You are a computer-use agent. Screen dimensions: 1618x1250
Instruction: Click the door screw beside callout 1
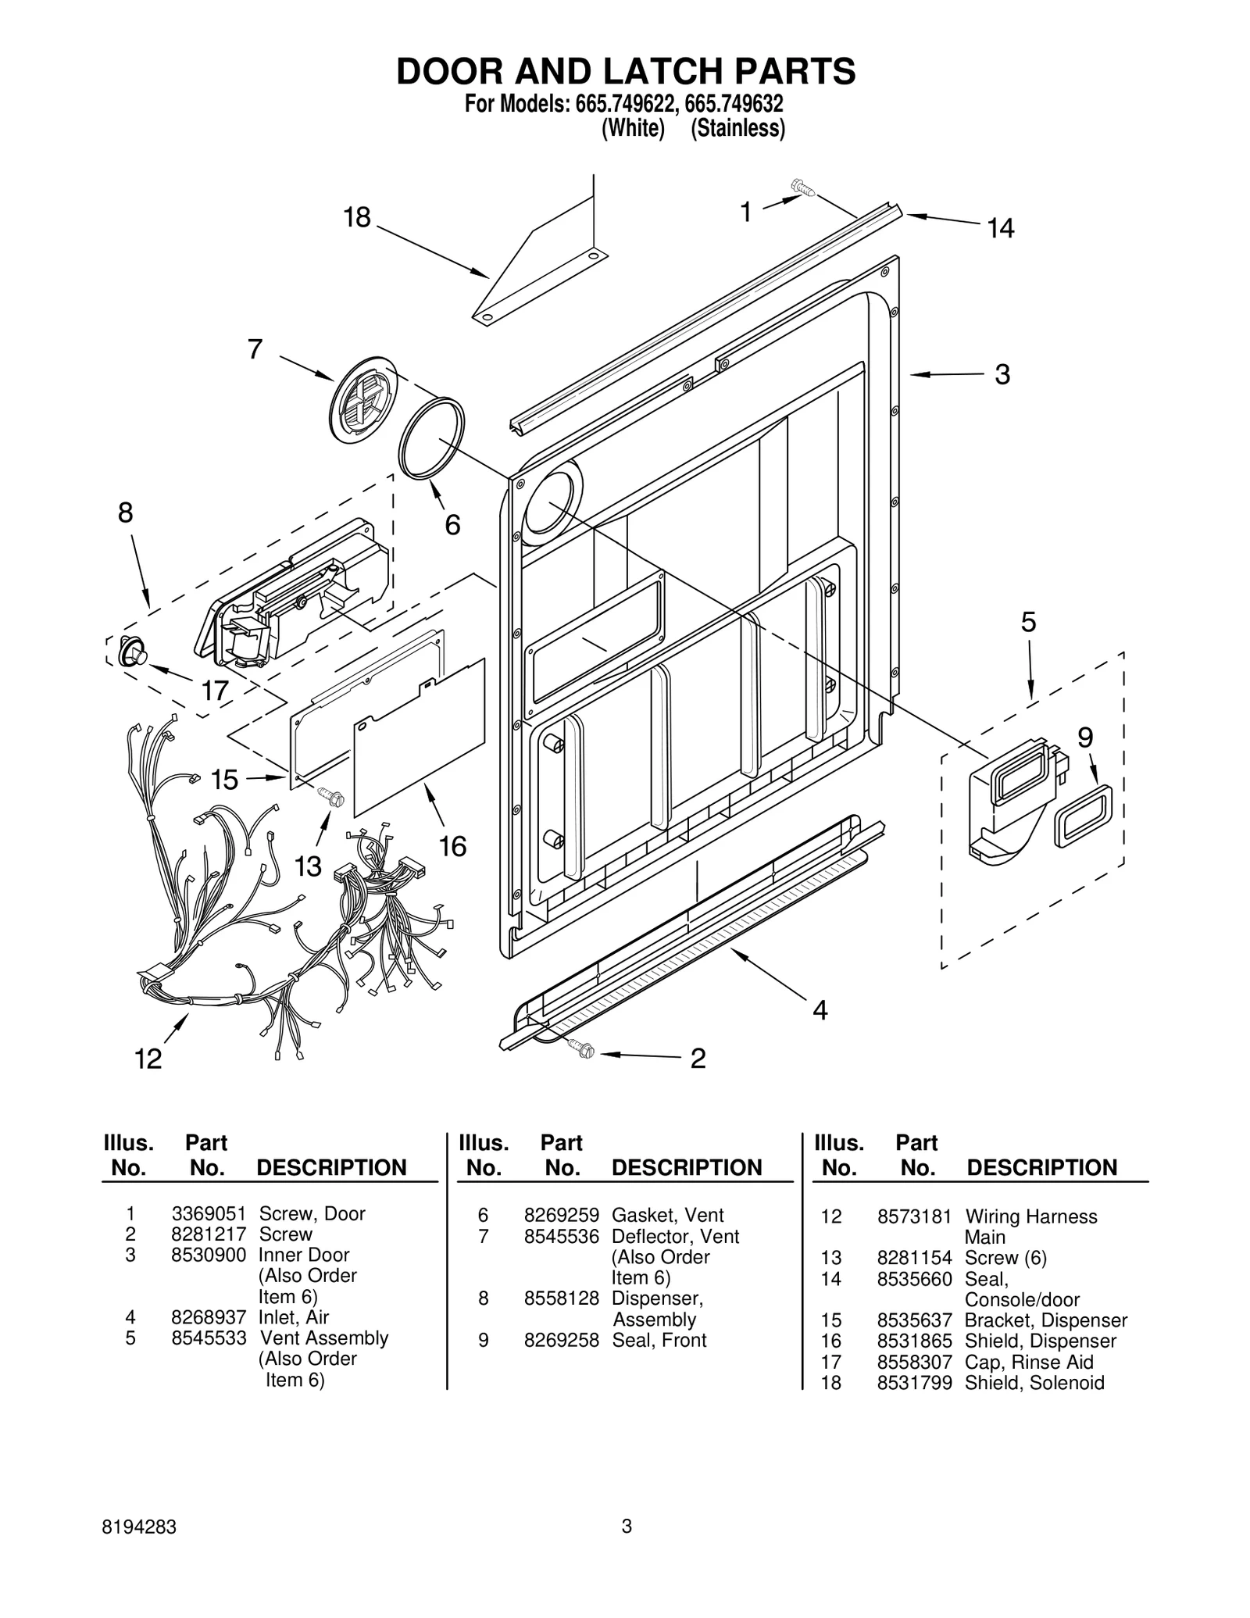click(x=802, y=187)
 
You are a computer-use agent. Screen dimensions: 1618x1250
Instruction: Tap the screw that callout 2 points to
click(x=582, y=1049)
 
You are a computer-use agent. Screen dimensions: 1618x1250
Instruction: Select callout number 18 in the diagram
click(x=357, y=217)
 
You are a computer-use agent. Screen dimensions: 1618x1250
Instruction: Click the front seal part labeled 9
click(x=1084, y=816)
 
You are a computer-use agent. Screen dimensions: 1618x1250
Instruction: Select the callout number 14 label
click(x=1000, y=228)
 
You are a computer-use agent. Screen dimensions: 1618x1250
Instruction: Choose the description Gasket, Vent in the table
click(x=667, y=1215)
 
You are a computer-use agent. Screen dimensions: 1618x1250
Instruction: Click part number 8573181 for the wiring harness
click(x=914, y=1216)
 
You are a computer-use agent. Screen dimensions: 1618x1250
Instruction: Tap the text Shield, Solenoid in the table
click(x=1034, y=1383)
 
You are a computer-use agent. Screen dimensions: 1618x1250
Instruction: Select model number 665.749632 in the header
click(x=734, y=104)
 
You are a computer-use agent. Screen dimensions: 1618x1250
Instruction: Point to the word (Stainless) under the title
click(x=737, y=128)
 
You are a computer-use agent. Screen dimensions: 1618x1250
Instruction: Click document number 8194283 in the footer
click(x=139, y=1549)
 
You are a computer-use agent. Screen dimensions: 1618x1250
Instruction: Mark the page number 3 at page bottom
click(x=626, y=1548)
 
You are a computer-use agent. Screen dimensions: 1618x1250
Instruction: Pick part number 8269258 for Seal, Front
click(x=561, y=1340)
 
